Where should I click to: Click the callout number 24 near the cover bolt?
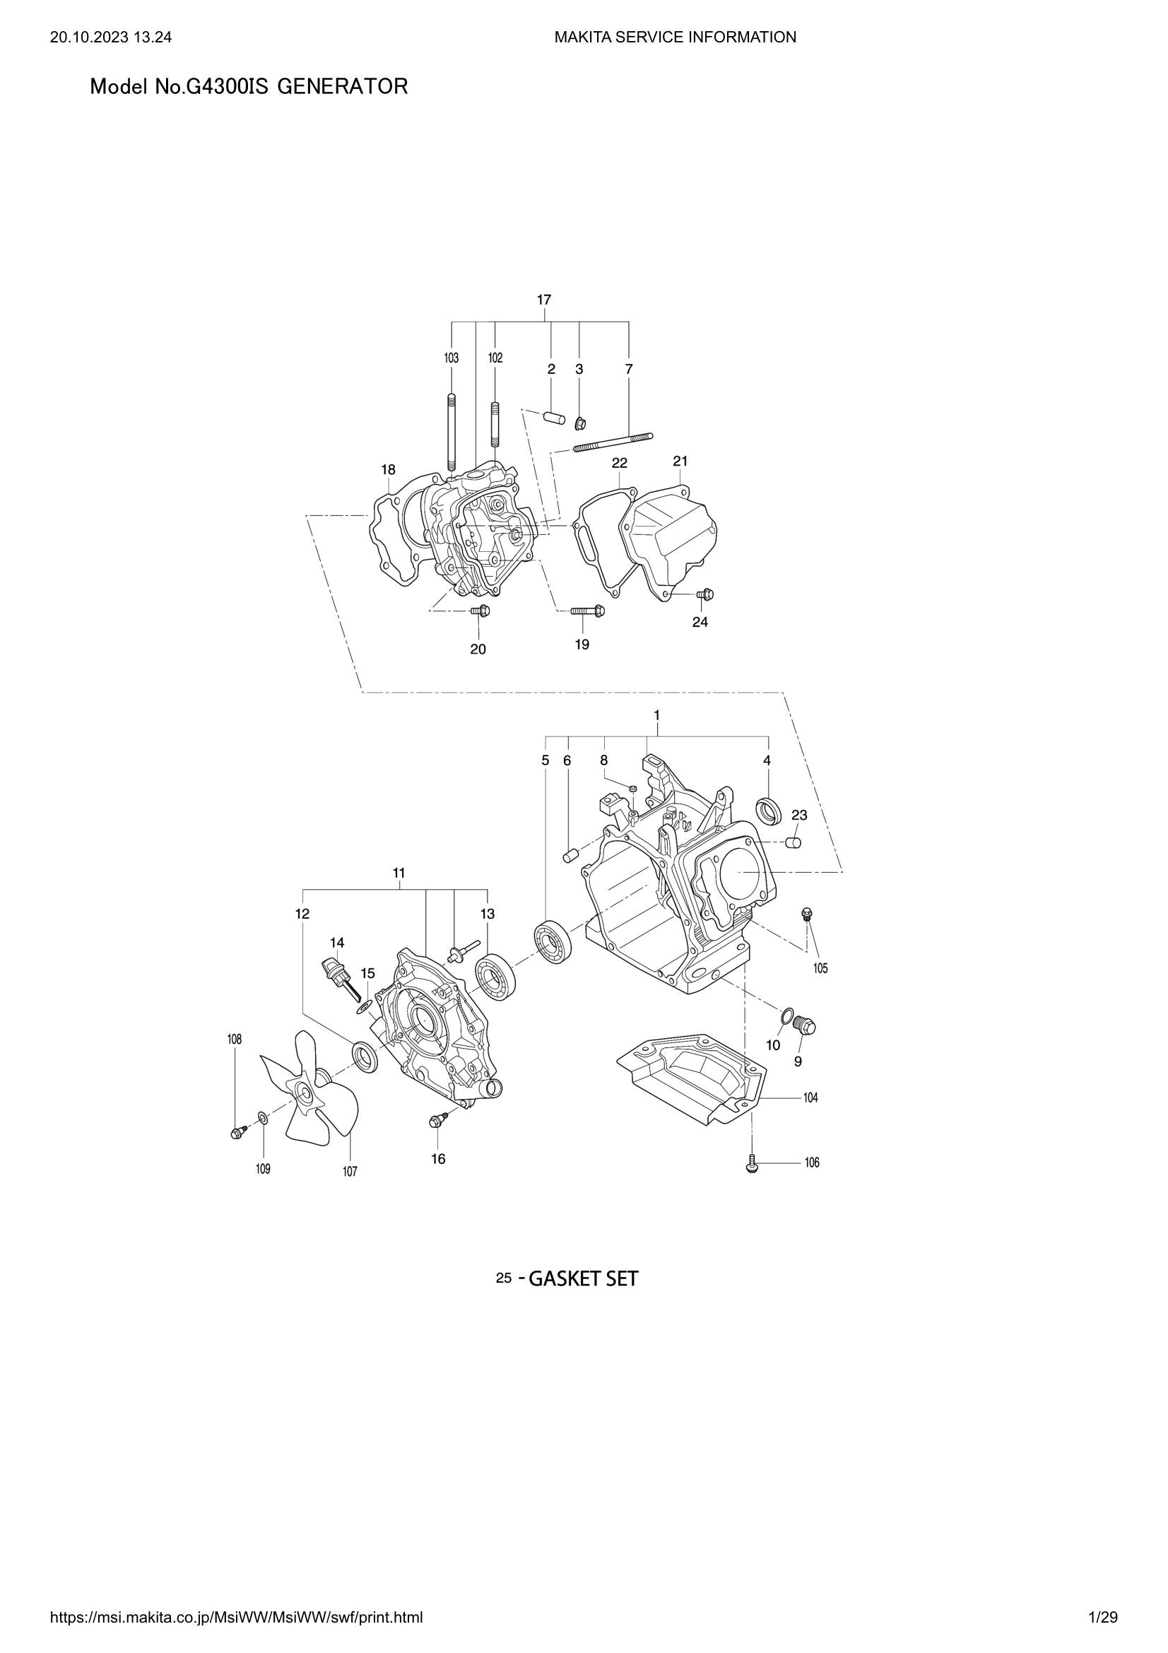700,622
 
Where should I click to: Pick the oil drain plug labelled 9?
806,1025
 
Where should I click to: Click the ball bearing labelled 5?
553,941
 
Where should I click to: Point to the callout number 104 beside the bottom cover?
810,1098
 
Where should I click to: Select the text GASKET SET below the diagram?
583,1279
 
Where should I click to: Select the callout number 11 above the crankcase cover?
399,873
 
